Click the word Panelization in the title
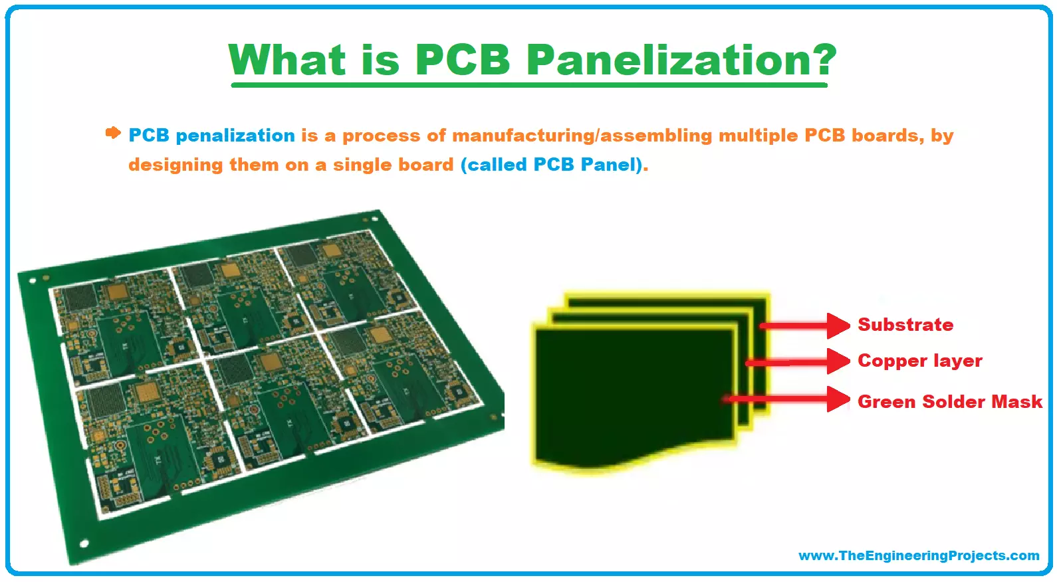668,60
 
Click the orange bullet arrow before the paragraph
113,133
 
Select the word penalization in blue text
235,136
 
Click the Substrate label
905,325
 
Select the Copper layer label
919,361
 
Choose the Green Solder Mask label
949,402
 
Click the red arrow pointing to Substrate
805,326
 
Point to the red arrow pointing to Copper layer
798,362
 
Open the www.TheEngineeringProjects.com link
919,555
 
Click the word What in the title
287,60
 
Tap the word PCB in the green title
463,60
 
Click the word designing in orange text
176,165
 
